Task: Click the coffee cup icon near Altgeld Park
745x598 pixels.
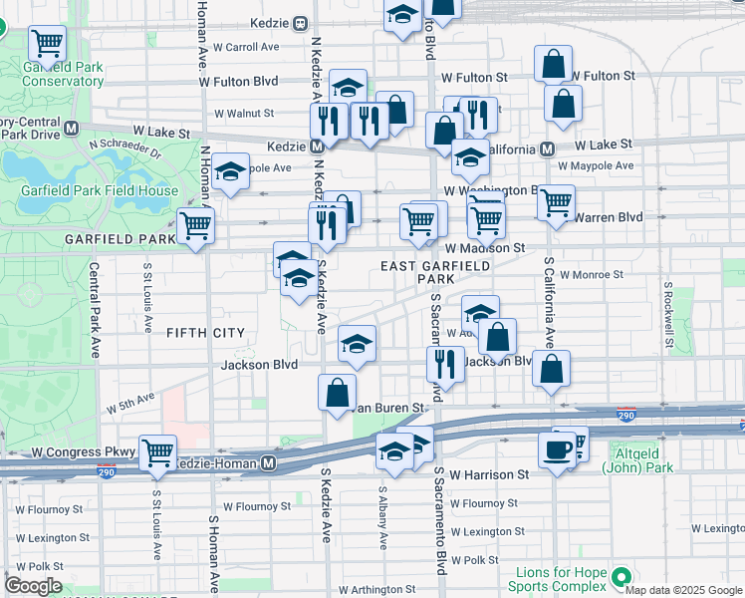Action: click(x=557, y=448)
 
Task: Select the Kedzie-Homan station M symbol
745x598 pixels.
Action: click(x=268, y=464)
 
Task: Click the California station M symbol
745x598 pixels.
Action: click(x=547, y=149)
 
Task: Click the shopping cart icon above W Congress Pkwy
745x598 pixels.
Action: click(x=157, y=451)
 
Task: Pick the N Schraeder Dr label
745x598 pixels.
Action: click(x=124, y=149)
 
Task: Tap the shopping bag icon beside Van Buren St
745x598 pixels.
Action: click(x=338, y=391)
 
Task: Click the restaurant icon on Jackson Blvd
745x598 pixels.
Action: click(x=444, y=364)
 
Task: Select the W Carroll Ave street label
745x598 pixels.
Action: click(x=239, y=47)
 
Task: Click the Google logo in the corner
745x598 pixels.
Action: click(x=34, y=586)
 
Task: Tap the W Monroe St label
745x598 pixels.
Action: click(x=592, y=274)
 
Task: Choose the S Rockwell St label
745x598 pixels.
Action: click(x=669, y=309)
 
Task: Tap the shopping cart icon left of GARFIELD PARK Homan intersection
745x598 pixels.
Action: click(x=195, y=225)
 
